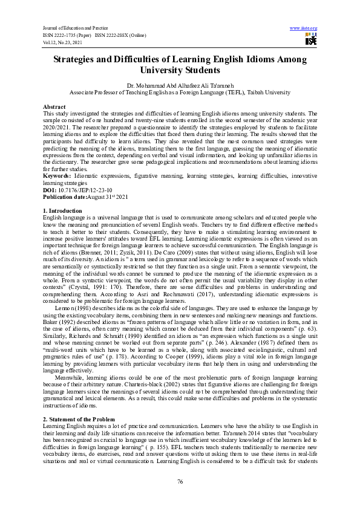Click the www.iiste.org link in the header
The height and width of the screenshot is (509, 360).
(304, 28)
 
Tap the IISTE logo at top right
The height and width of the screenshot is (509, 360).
(311, 40)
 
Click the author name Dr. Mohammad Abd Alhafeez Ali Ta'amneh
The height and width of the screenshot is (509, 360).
(180, 86)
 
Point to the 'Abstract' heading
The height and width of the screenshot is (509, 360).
(54, 106)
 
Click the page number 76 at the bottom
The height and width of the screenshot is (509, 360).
(180, 481)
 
